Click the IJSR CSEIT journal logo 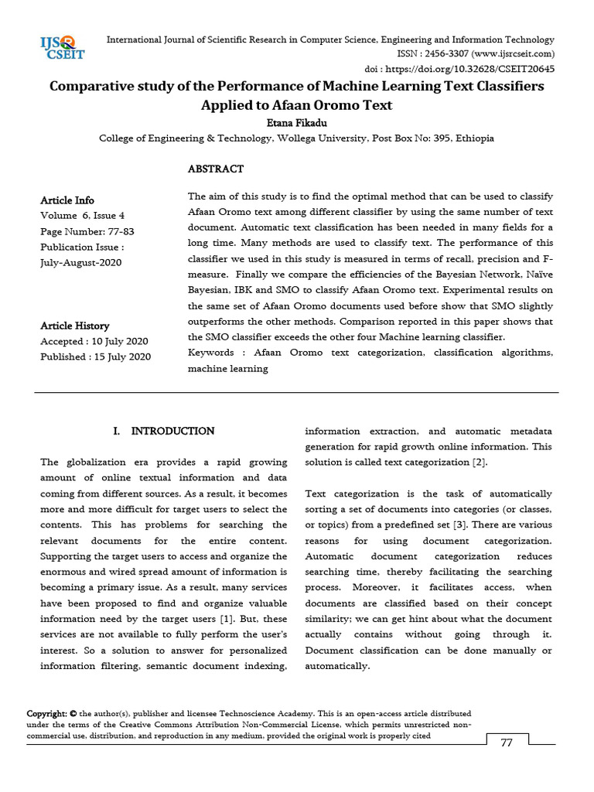[63, 47]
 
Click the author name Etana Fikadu [296, 121]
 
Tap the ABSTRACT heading [216, 169]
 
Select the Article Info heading [67, 200]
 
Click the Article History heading [75, 326]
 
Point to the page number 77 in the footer [507, 743]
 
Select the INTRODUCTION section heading [172, 431]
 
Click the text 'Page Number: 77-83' [87, 231]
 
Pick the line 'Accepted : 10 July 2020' [94, 341]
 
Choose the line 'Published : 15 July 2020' [96, 357]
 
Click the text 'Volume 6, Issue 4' [82, 216]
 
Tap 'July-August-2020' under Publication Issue [81, 262]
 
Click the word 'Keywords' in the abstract [211, 353]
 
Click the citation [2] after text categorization [480, 462]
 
